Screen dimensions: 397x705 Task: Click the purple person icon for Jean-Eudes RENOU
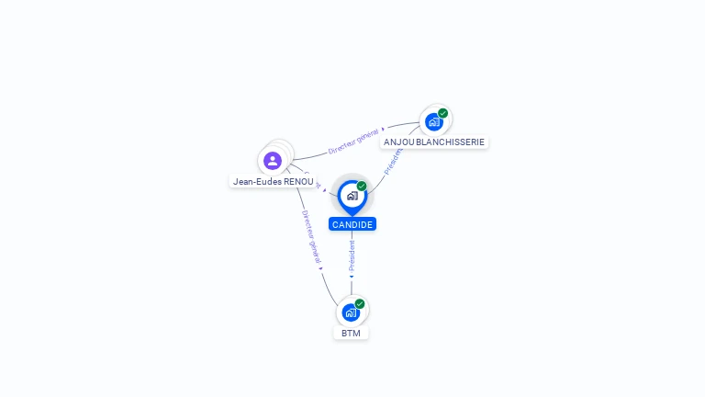point(273,161)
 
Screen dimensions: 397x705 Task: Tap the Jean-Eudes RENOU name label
point(273,181)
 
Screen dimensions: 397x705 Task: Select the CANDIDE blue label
point(352,224)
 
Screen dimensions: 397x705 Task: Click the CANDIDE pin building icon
point(352,196)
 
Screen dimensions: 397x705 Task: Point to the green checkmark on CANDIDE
point(362,187)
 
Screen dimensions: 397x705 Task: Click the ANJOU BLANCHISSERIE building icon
point(433,121)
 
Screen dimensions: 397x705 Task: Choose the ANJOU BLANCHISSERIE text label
point(434,142)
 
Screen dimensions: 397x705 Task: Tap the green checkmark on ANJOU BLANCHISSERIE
point(443,113)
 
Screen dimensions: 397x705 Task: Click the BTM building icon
point(351,312)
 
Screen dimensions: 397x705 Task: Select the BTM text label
point(351,333)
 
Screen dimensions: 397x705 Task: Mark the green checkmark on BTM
point(360,303)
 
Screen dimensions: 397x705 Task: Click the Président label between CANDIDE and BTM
point(352,255)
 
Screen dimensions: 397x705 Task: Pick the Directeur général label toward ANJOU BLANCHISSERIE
point(352,140)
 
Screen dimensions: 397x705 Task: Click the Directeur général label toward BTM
point(310,234)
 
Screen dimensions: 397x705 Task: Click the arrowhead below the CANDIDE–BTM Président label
point(352,276)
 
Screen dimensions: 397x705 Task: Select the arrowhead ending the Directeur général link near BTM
point(321,268)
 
